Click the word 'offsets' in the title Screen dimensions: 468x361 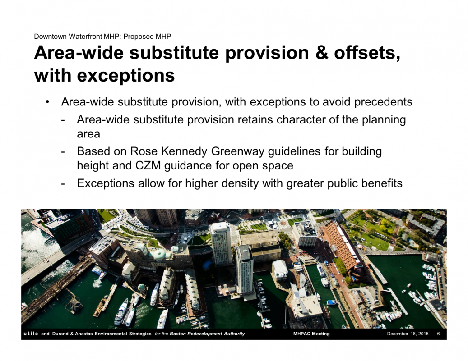coord(367,53)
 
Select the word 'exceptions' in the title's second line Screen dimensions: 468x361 coord(126,76)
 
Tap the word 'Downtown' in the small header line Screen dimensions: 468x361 coord(51,37)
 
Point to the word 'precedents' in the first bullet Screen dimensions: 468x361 coord(383,102)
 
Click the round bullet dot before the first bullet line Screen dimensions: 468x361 coord(47,102)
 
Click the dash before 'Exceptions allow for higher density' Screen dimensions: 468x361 coord(63,183)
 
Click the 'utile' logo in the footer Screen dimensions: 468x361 coord(31,334)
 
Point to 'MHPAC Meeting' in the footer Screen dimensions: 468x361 coord(311,334)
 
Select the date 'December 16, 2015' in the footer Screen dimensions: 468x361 coord(408,334)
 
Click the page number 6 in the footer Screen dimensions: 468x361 coord(438,334)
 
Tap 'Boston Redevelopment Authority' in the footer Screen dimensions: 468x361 coord(207,334)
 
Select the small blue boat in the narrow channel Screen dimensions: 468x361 coord(331,302)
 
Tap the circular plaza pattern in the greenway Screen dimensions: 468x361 coord(283,223)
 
